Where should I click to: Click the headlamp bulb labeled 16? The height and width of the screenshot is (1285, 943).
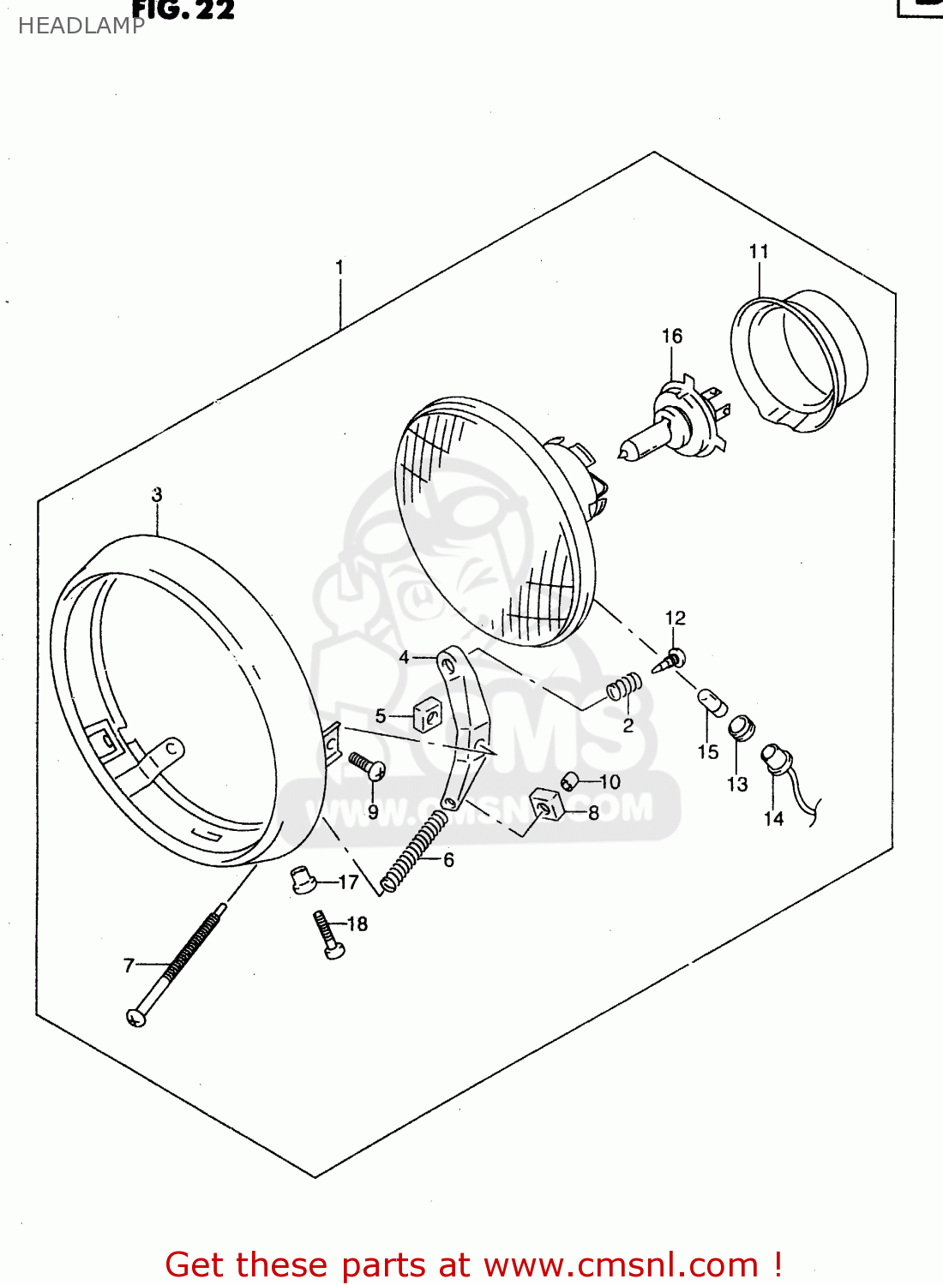point(674,428)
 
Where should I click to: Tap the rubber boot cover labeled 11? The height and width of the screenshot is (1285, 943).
point(797,360)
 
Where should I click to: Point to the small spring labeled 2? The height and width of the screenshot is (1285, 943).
point(625,686)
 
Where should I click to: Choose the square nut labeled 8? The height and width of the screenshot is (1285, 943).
point(546,804)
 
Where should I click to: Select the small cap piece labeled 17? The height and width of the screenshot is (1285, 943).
point(302,880)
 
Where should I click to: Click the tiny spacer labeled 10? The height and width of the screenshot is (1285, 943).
point(569,781)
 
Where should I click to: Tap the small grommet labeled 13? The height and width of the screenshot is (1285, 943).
point(741,729)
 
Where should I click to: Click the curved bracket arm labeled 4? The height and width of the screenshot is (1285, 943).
point(463,728)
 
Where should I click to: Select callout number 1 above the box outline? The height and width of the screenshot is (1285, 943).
point(339,267)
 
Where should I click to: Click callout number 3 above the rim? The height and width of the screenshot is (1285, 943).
point(157,495)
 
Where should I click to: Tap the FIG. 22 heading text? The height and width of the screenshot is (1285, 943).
point(183,10)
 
